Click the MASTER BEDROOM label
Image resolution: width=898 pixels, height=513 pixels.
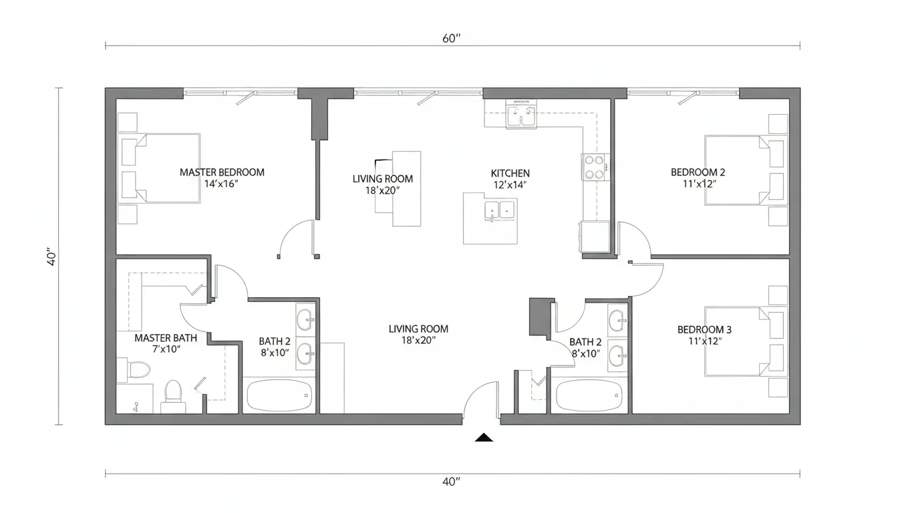pos(222,172)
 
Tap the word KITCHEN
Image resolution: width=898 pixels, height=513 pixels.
pos(510,174)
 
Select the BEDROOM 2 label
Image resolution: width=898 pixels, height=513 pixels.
pos(698,172)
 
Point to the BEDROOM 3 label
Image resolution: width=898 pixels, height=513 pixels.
pos(704,330)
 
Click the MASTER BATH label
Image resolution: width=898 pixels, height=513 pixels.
pos(166,338)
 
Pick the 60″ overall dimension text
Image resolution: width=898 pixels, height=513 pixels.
pos(452,39)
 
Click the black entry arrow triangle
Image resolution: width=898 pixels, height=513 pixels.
pos(484,438)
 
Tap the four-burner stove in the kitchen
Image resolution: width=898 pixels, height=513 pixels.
pos(595,167)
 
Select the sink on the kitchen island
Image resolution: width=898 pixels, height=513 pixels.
pos(500,210)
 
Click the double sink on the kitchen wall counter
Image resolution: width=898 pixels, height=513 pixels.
pos(520,114)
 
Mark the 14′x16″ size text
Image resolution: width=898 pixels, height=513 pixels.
pos(221,184)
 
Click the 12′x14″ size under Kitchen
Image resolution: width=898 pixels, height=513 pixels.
pos(510,185)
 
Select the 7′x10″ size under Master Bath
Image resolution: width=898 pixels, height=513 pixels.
pos(166,349)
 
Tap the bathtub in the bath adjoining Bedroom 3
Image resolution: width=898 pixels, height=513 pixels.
pos(589,395)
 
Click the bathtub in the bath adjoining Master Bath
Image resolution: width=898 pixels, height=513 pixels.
pos(279,395)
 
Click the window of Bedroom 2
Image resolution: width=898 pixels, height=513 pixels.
pos(683,93)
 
